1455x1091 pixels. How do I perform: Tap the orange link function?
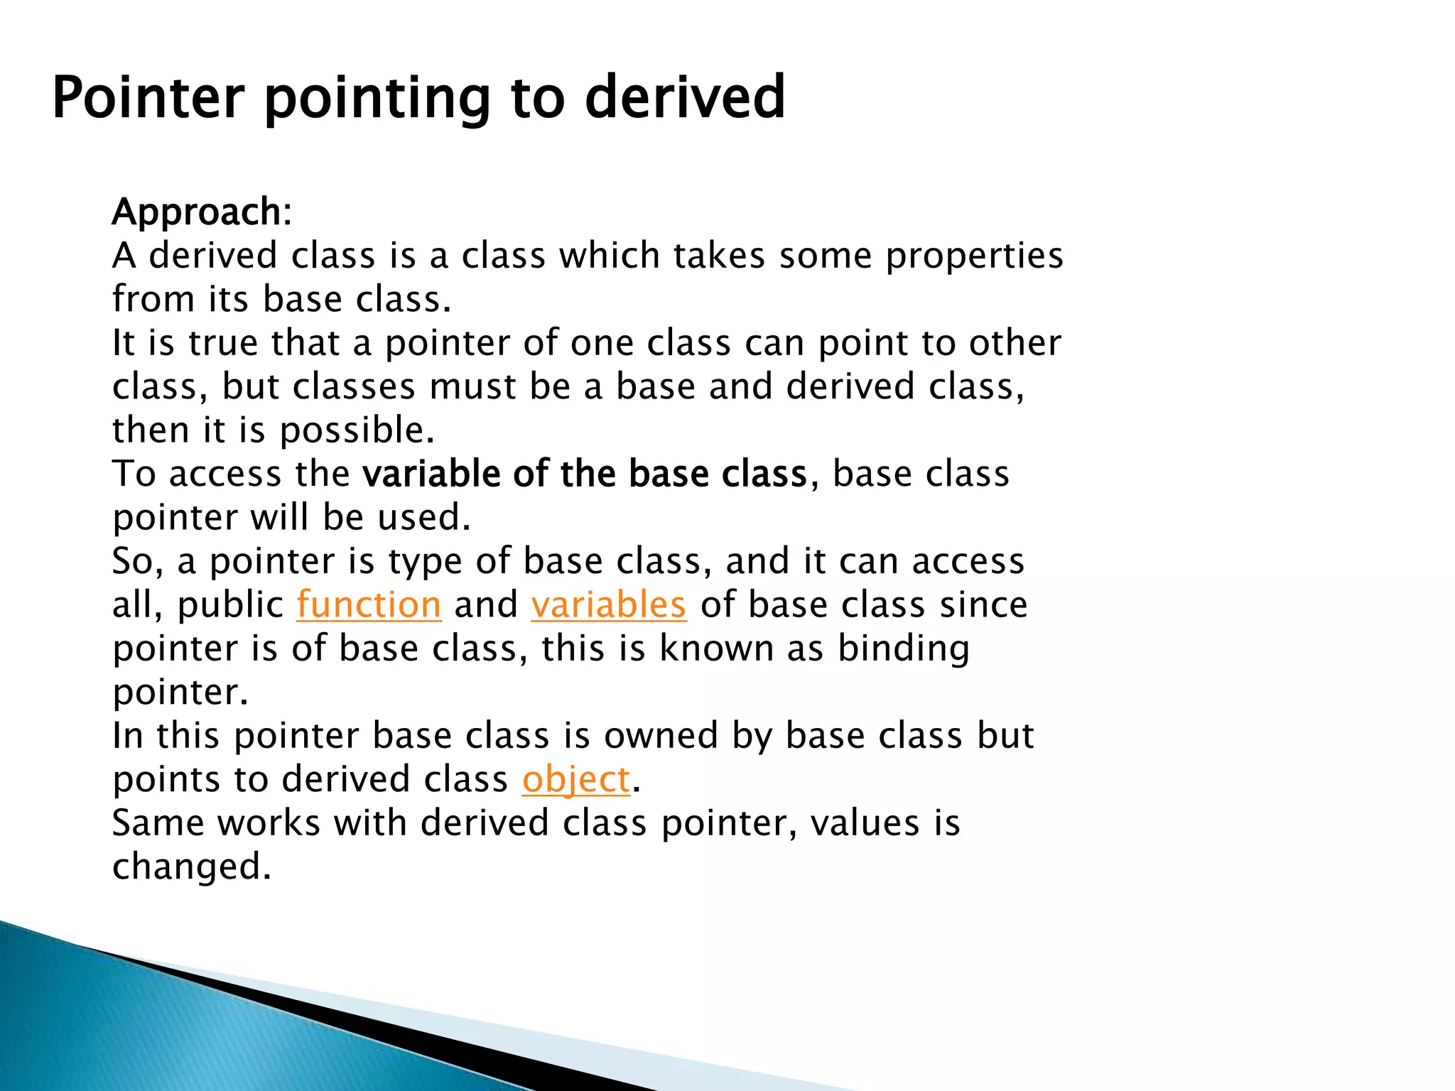tap(369, 605)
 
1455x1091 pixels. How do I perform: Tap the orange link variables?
tap(608, 605)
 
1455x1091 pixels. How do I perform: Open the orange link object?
tap(575, 780)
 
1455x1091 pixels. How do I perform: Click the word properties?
tap(974, 256)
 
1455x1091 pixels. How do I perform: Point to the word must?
tap(472, 387)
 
